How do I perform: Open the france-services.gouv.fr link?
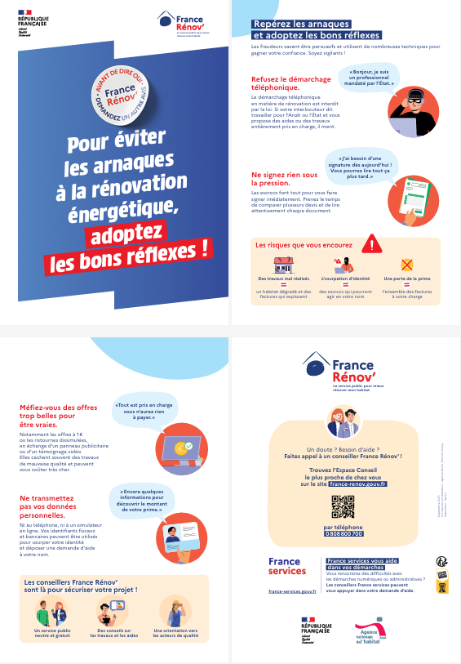pos(292,590)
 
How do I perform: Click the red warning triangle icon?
pos(372,243)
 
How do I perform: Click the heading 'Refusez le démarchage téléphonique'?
pos(282,82)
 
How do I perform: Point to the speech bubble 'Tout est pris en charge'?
pos(148,412)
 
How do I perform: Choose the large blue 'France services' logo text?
pos(287,566)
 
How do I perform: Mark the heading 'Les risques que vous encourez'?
pos(304,244)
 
